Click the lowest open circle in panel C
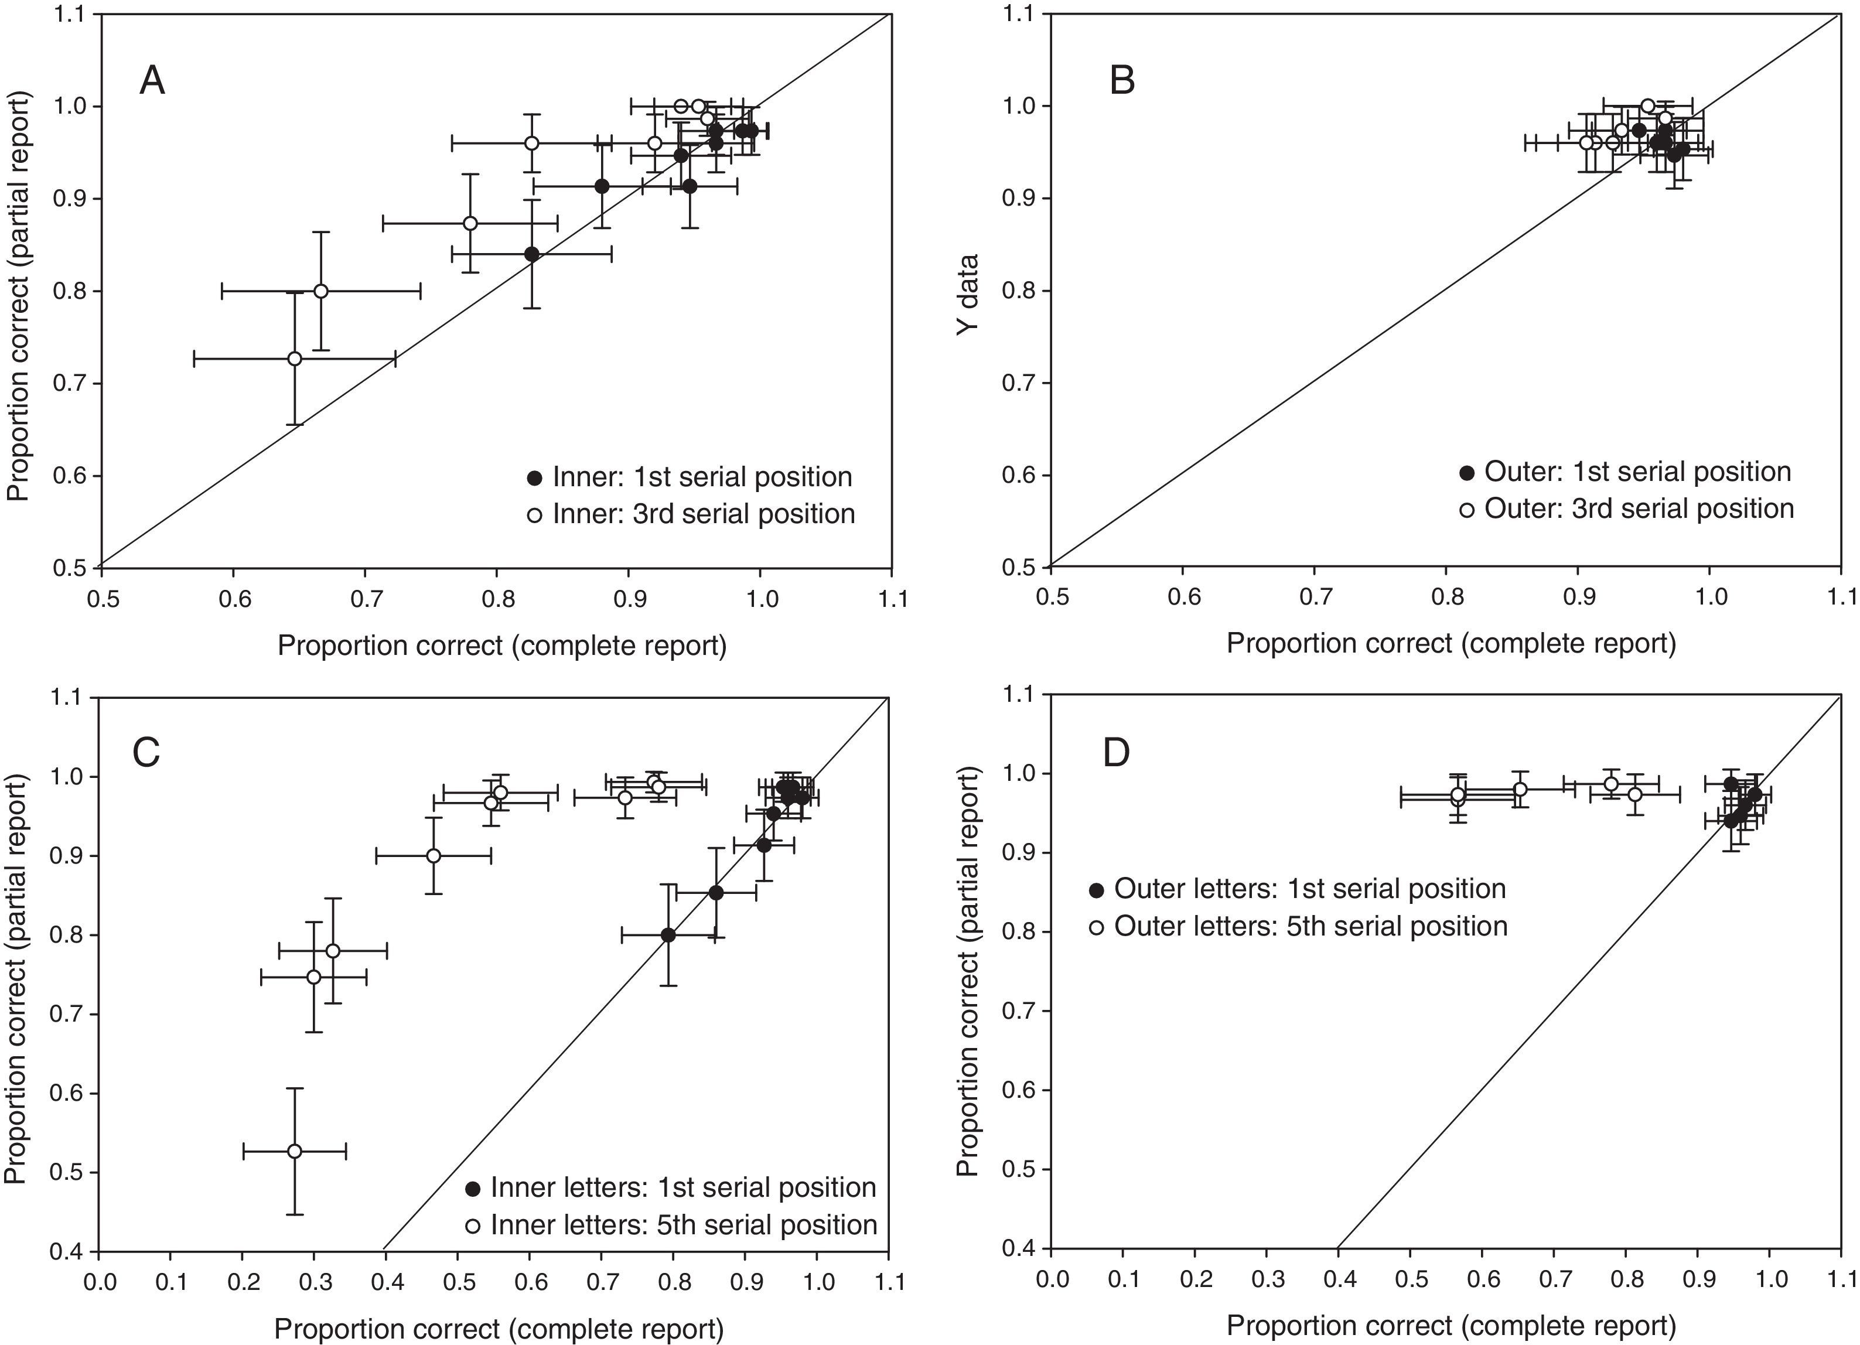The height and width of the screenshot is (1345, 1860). pos(295,1152)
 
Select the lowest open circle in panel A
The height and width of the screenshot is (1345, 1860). pos(295,359)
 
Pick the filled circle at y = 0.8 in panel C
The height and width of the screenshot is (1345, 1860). pos(668,935)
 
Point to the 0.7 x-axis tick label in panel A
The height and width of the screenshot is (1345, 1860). pos(365,599)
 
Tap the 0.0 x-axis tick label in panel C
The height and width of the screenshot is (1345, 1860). pos(99,1282)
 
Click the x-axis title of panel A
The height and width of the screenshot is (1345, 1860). pos(502,646)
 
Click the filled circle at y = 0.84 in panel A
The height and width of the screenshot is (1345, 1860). pos(531,254)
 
